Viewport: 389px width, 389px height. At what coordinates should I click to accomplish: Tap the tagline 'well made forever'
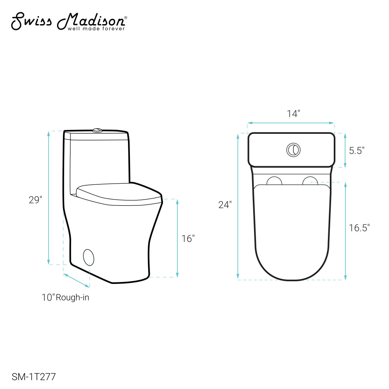(96, 29)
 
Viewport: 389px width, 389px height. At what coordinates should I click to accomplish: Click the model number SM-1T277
(34, 377)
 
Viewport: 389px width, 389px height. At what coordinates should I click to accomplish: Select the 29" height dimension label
(35, 200)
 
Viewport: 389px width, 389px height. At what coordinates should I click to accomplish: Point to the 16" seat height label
(188, 239)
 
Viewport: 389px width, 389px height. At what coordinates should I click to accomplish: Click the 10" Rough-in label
(65, 297)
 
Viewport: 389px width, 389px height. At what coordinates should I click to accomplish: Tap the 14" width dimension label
(293, 114)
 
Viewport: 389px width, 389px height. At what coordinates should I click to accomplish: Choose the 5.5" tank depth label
(357, 151)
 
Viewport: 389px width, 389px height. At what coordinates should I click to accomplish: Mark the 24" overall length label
(225, 205)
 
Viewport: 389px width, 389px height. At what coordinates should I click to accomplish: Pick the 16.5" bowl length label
(359, 228)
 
